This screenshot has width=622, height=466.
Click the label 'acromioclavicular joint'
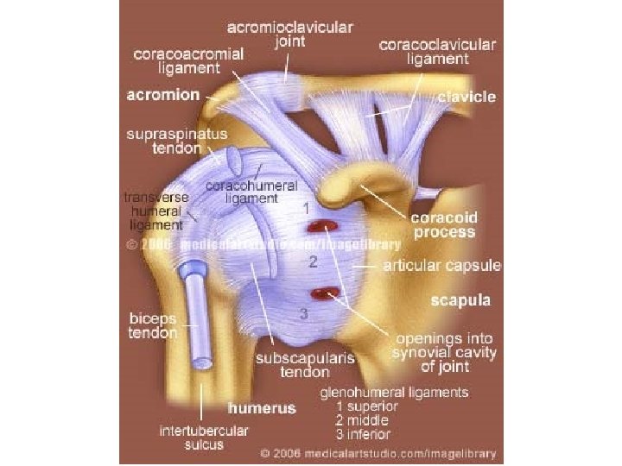pos(289,35)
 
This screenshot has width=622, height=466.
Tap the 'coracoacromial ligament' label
pos(188,60)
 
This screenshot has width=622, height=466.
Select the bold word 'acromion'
pos(163,94)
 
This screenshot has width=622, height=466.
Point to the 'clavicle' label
pos(466,97)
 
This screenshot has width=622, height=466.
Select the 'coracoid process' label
pos(444,225)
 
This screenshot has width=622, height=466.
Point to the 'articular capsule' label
pos(441,266)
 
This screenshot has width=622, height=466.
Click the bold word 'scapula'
pos(461,301)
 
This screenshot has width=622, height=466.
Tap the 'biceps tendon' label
pos(153,325)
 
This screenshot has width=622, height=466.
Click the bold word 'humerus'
pos(261,407)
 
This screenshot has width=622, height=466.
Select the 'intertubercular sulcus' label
pos(191,438)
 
